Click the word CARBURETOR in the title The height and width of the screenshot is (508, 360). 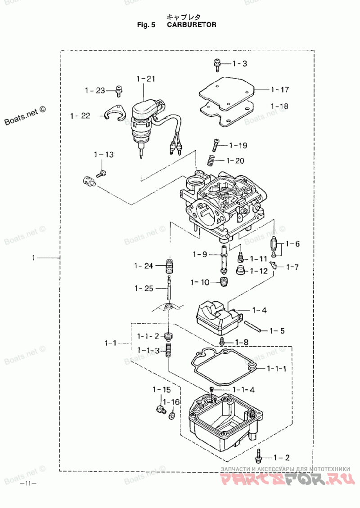(192, 25)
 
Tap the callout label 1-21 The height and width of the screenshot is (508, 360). (146, 79)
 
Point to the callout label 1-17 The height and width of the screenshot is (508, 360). (280, 90)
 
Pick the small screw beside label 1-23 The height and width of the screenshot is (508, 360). (119, 92)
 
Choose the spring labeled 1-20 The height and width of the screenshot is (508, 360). (211, 160)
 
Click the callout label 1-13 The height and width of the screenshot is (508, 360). (104, 155)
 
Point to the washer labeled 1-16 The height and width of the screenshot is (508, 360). (172, 414)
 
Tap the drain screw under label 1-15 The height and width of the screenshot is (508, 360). (161, 409)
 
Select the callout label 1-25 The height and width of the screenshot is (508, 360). (144, 288)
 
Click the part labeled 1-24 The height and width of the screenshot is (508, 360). (169, 266)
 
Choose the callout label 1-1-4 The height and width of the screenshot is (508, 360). (243, 390)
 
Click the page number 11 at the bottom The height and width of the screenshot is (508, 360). (28, 484)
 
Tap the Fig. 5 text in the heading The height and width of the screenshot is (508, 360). (146, 25)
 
